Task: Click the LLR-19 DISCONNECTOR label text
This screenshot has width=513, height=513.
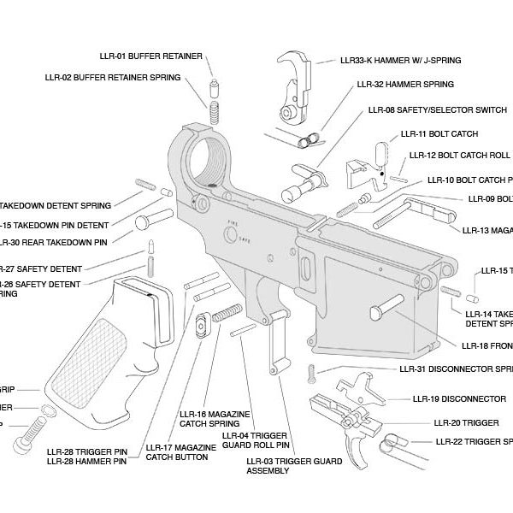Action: click(459, 398)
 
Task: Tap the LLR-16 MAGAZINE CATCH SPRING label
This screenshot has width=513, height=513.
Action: click(214, 419)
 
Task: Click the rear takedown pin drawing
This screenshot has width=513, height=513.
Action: click(156, 216)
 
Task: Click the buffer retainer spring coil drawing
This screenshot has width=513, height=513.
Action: click(215, 112)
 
